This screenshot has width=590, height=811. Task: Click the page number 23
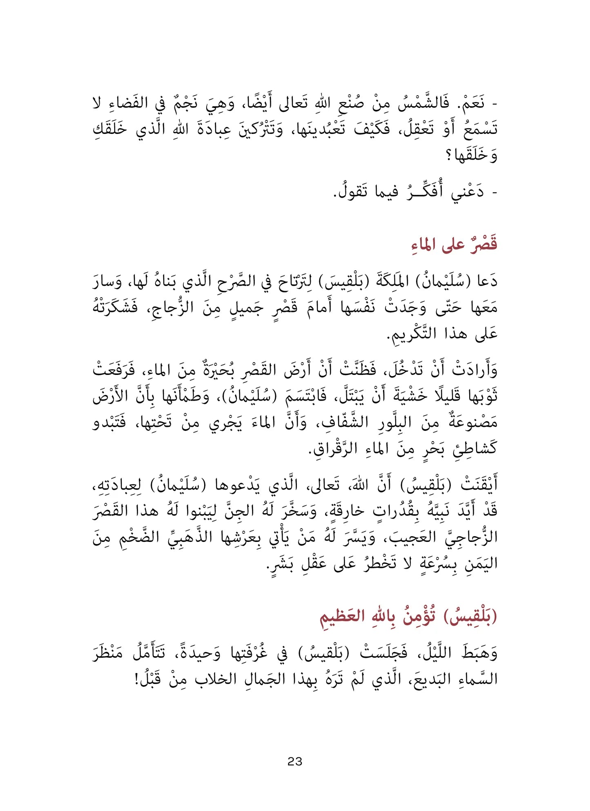[295, 761]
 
